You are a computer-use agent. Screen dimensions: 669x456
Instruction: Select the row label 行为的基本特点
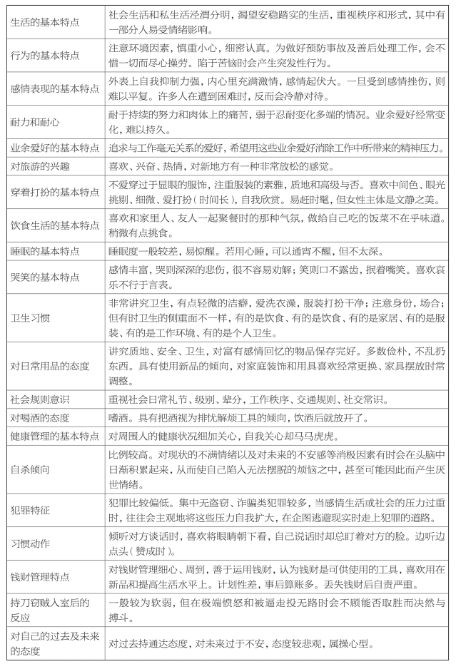pos(46,55)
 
